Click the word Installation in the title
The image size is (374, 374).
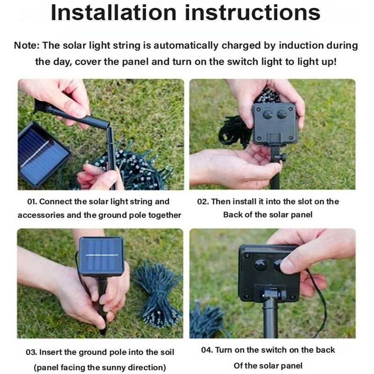(x=114, y=13)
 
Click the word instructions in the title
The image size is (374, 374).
(x=252, y=13)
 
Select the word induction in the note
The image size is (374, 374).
(x=301, y=45)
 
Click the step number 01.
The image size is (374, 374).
(x=32, y=201)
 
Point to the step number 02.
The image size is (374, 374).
(x=203, y=201)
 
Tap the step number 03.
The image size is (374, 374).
(x=31, y=352)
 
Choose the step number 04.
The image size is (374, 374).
(x=207, y=350)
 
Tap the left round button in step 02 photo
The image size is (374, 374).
(x=267, y=114)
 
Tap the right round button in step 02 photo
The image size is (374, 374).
(x=282, y=114)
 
